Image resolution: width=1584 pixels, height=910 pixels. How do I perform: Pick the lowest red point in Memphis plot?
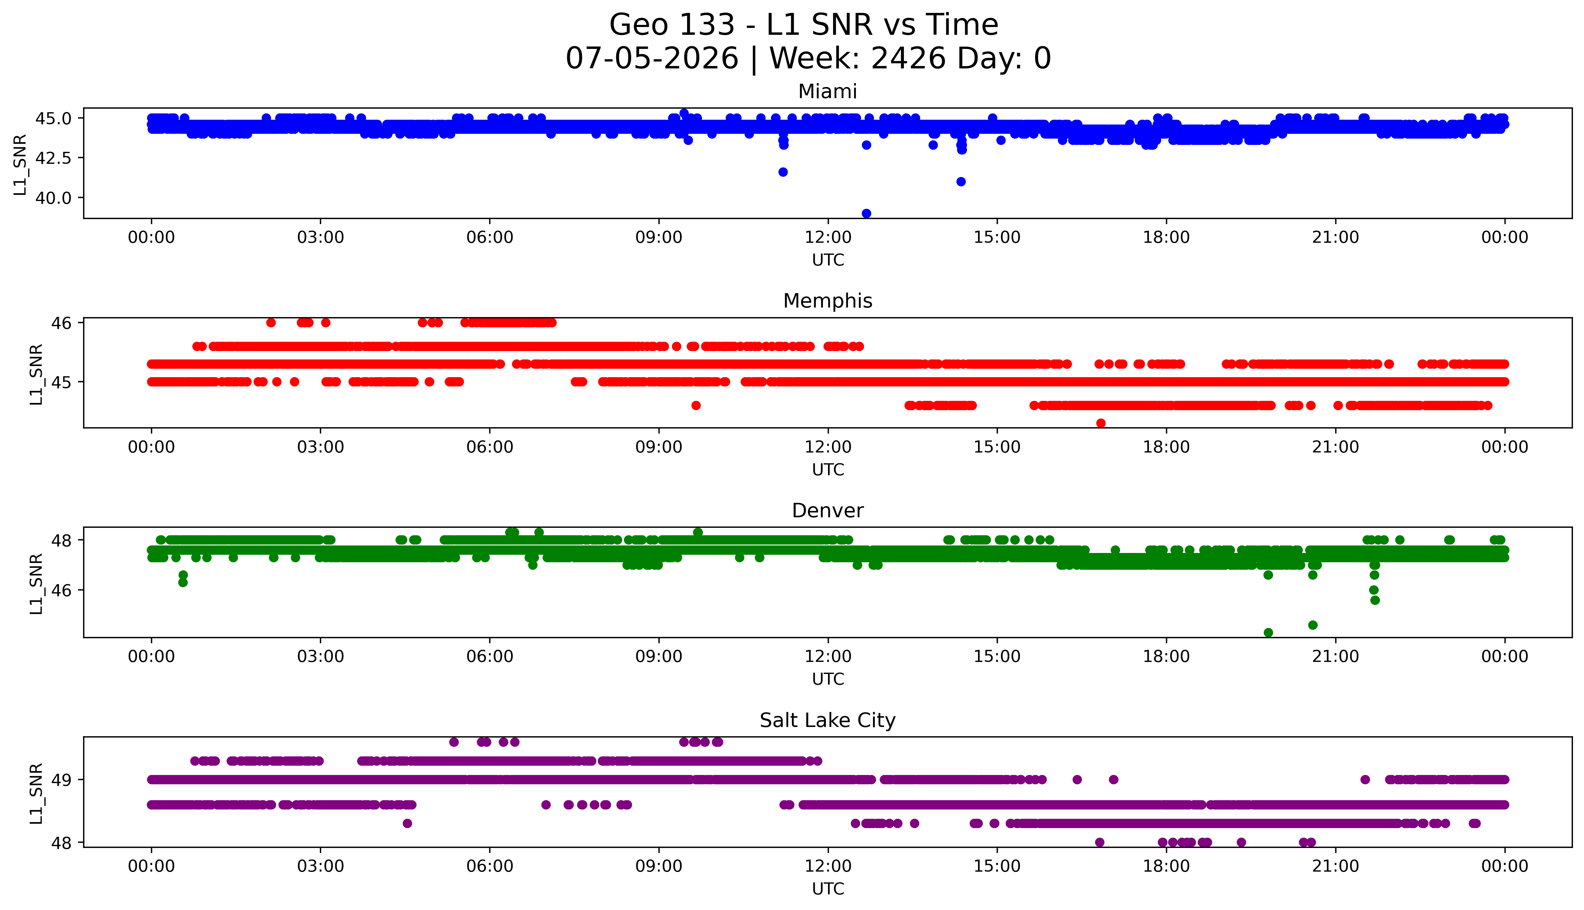[1101, 423]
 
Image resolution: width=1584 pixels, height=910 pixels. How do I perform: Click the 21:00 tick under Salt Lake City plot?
[1336, 866]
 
